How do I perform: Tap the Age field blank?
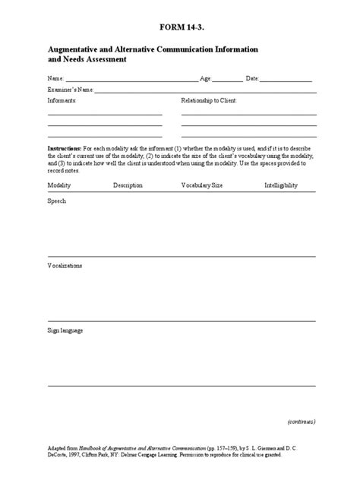[x=228, y=80]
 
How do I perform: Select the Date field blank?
[x=288, y=80]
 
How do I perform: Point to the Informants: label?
[x=62, y=100]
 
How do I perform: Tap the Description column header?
[x=128, y=185]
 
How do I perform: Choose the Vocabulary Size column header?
[x=202, y=185]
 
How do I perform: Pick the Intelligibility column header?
[x=281, y=185]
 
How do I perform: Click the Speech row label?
[x=57, y=201]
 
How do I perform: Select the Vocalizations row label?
[x=65, y=267]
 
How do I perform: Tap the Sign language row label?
[x=65, y=331]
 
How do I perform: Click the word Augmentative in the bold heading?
[x=79, y=49]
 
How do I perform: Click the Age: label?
[x=204, y=79]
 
